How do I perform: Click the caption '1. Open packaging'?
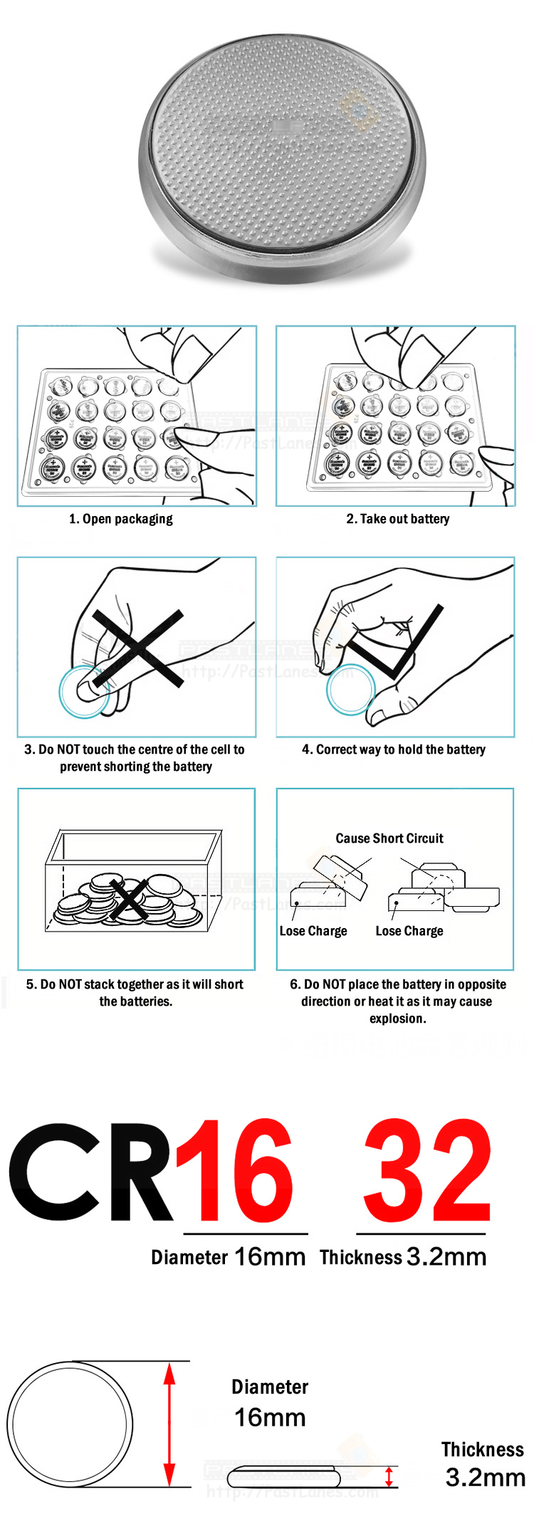coord(120,519)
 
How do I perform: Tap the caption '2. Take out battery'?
coord(397,519)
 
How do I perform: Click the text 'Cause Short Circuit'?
coord(389,838)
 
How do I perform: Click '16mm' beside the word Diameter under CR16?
coord(269,1258)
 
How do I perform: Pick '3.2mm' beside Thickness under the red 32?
coord(446,1258)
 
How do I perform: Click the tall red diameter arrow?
coord(169,1424)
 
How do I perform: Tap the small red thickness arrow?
coord(389,1476)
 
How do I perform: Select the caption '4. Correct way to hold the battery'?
coord(394,749)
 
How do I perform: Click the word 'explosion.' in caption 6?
coord(397,1018)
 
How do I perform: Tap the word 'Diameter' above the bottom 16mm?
coord(270,1387)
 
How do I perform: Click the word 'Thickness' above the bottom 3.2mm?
coord(482,1450)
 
